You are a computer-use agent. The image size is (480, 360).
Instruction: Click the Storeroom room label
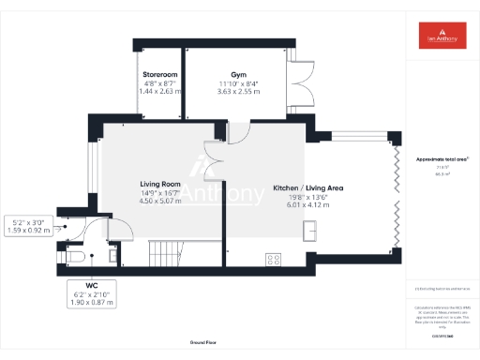pyautogui.click(x=159, y=73)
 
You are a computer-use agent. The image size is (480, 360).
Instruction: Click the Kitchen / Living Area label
pyautogui.click(x=308, y=188)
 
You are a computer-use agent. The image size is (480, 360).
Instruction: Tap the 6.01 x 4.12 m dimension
pyautogui.click(x=308, y=204)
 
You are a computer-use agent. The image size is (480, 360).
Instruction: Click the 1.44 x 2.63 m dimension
pyautogui.click(x=159, y=91)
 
